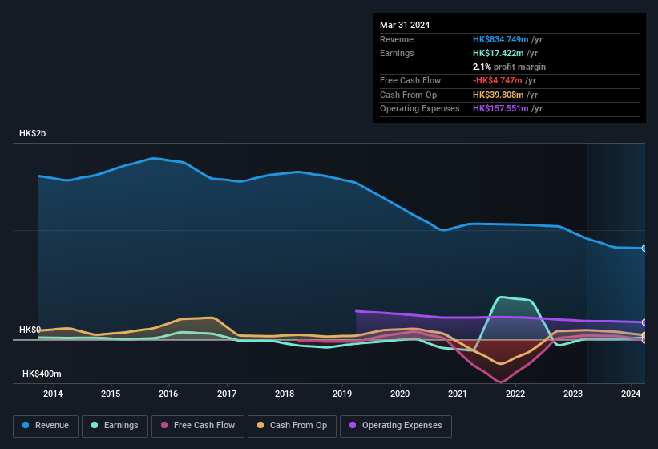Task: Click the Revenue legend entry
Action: [46, 425]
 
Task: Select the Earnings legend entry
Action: [115, 425]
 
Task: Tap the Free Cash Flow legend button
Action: [197, 425]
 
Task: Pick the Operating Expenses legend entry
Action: [396, 425]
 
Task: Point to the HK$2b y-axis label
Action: [33, 134]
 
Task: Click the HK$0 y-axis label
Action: [30, 330]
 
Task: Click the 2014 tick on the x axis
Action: [53, 394]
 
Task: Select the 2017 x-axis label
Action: [227, 394]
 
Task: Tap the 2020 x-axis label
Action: [400, 394]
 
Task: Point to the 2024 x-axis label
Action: [632, 394]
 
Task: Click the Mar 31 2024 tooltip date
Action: [405, 25]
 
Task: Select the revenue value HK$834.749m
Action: [502, 39]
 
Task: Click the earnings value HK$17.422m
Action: [499, 53]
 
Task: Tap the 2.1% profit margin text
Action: [509, 67]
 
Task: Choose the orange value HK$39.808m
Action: [499, 95]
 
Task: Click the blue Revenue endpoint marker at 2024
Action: [644, 249]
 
